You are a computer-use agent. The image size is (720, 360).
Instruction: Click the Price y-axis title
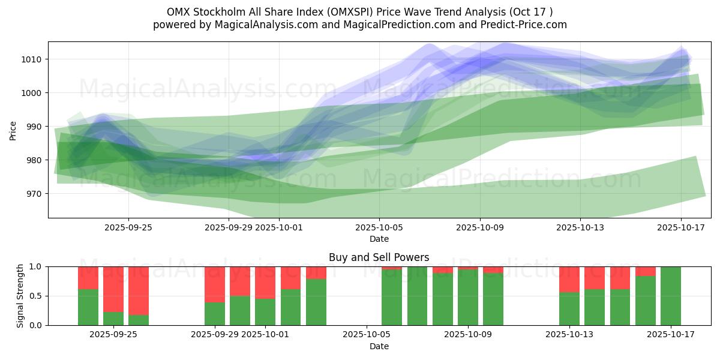click(13, 130)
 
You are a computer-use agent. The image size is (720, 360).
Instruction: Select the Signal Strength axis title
click(20, 296)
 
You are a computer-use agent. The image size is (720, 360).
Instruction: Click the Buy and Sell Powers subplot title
click(379, 257)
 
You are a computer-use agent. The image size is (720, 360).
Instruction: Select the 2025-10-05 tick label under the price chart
click(379, 227)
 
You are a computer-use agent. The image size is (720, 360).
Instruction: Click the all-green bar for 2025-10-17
click(670, 296)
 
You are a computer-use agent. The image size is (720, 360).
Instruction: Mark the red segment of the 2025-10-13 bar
click(569, 279)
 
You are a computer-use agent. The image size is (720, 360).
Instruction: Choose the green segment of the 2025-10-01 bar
click(265, 311)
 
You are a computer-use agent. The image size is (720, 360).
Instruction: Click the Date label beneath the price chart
click(379, 239)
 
